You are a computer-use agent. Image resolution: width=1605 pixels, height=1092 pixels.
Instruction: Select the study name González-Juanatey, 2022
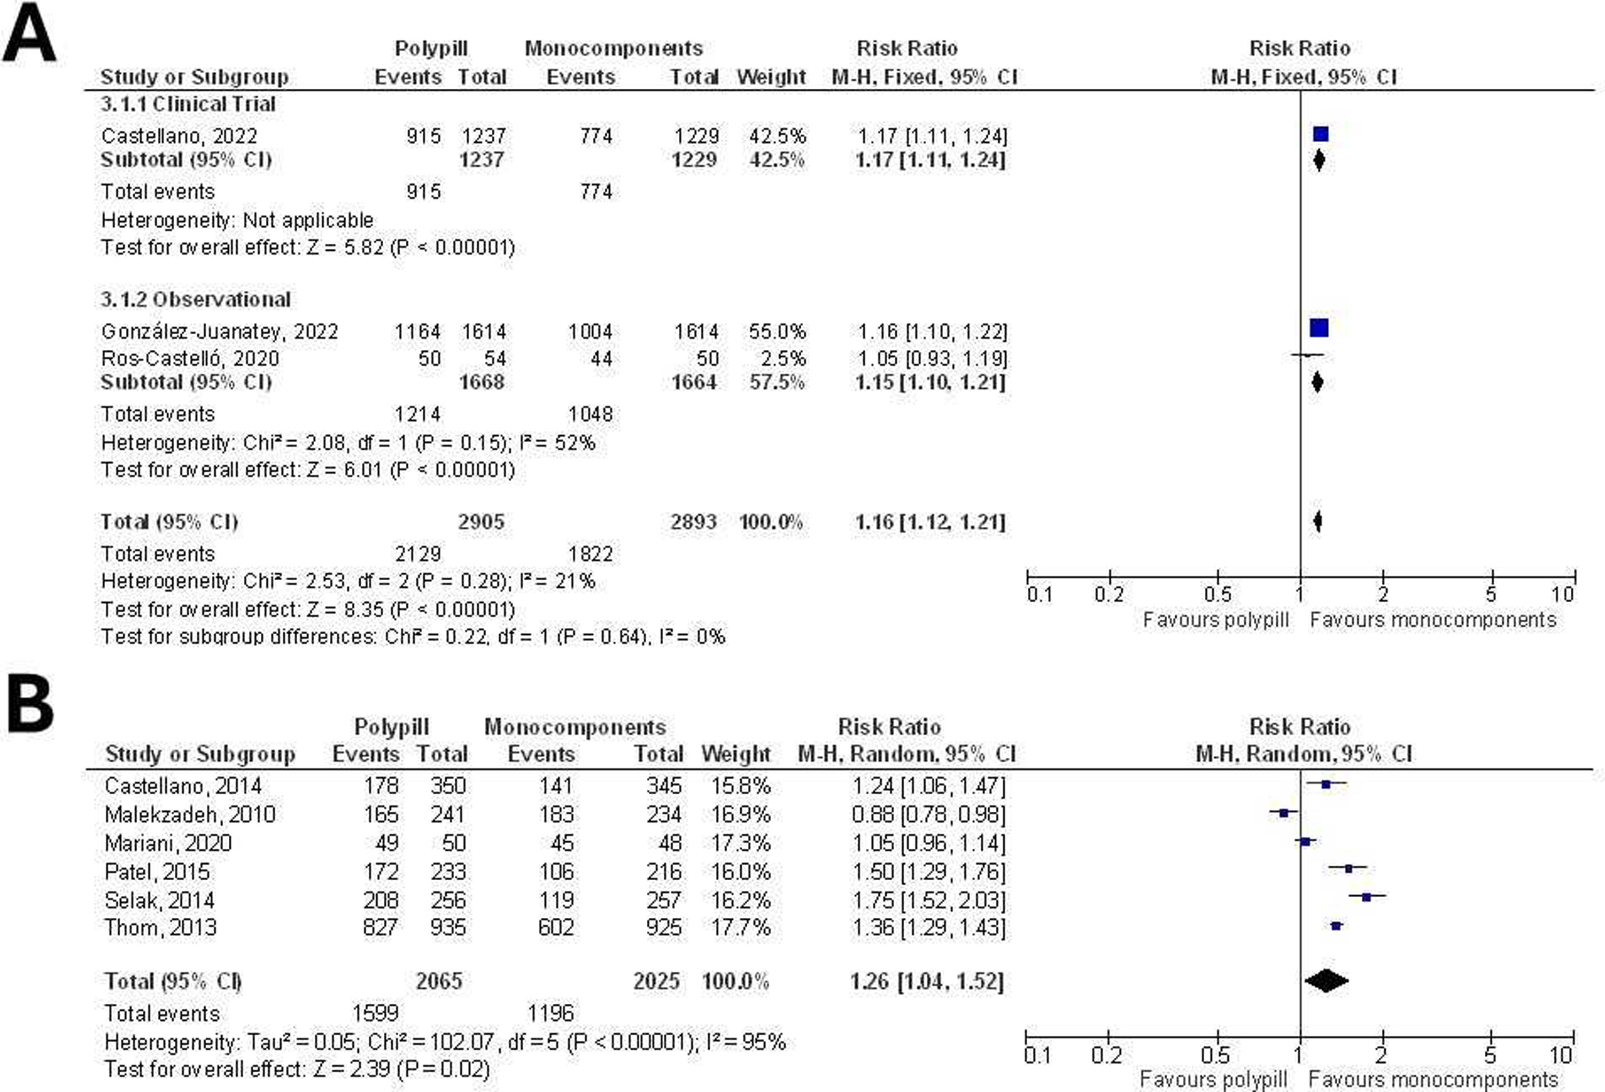pyautogui.click(x=220, y=331)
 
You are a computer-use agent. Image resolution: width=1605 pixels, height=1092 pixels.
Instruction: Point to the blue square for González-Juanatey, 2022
pyautogui.click(x=1319, y=328)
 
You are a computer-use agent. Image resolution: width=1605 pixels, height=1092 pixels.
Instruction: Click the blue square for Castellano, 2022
pyautogui.click(x=1320, y=135)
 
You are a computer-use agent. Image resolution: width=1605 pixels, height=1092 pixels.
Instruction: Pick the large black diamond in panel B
pyautogui.click(x=1326, y=981)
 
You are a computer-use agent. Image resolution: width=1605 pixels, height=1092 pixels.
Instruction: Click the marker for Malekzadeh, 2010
pyautogui.click(x=1283, y=813)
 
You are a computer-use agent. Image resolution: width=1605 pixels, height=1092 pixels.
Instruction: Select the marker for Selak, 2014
pyautogui.click(x=1366, y=897)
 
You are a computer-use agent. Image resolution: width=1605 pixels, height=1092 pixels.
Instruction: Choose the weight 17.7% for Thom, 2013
pyautogui.click(x=740, y=927)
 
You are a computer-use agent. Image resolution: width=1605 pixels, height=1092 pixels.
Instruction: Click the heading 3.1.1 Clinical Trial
pyautogui.click(x=188, y=104)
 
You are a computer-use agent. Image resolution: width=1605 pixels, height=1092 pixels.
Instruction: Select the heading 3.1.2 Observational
pyautogui.click(x=195, y=300)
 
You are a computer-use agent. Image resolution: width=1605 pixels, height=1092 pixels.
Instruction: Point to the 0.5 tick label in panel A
pyautogui.click(x=1217, y=594)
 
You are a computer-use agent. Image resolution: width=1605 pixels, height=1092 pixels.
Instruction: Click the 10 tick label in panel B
pyautogui.click(x=1560, y=1055)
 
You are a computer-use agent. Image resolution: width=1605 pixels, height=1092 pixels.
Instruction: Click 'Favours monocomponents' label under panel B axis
pyautogui.click(x=1434, y=1079)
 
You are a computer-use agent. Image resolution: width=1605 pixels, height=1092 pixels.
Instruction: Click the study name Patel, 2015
pyautogui.click(x=157, y=872)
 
